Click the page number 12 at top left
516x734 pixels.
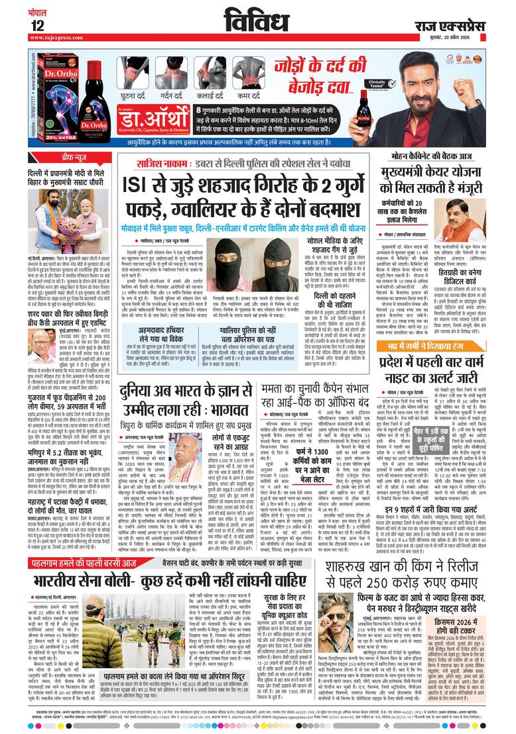point(37,25)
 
